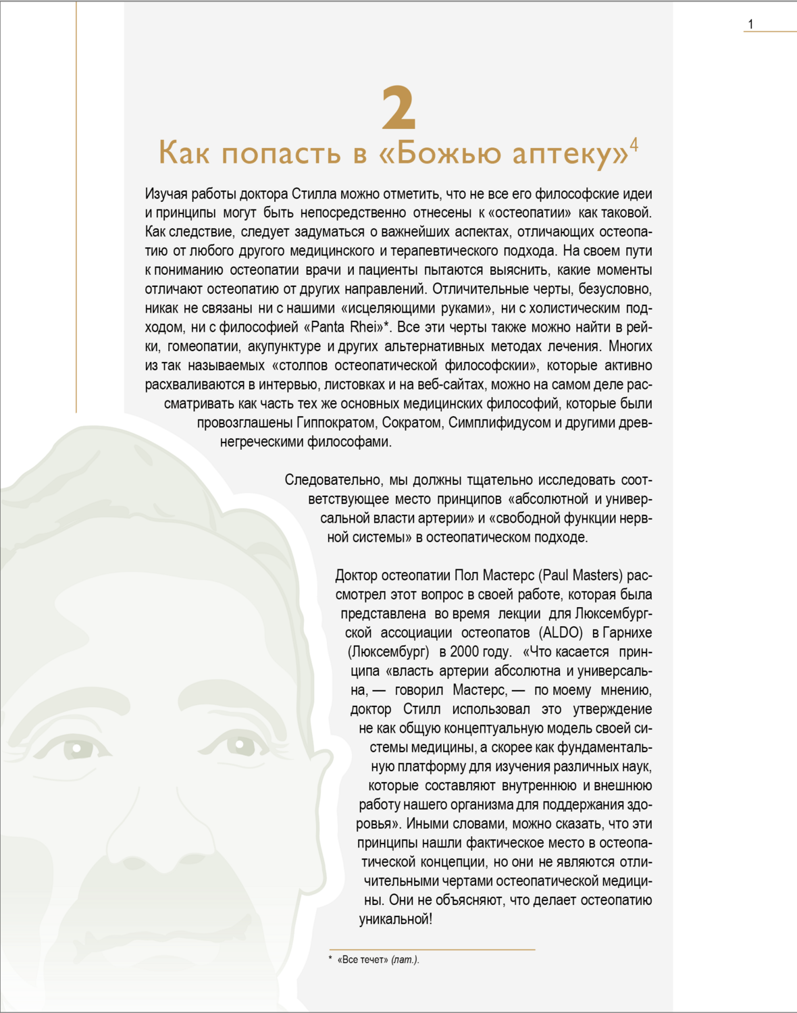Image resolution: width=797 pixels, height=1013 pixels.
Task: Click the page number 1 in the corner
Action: (750, 24)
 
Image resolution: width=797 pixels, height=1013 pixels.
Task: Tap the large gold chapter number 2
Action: (398, 107)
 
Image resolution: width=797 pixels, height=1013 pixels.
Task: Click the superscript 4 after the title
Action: (634, 145)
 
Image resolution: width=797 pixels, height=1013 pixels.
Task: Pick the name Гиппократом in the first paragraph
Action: (336, 423)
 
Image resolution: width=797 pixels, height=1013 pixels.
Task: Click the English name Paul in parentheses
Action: (555, 575)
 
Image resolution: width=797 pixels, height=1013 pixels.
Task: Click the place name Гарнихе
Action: (627, 633)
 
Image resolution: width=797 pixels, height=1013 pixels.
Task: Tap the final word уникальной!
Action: (395, 919)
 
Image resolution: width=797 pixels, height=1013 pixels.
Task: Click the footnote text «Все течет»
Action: (363, 960)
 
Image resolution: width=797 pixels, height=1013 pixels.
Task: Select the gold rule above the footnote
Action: (432, 950)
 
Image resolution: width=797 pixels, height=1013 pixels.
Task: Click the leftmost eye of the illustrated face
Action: (78, 748)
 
